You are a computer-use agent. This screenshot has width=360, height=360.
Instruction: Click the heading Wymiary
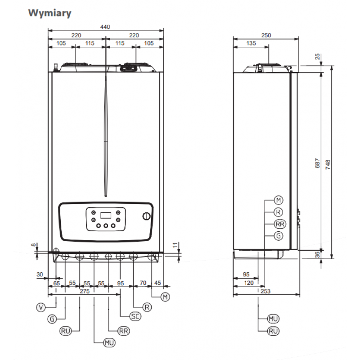tap(50, 13)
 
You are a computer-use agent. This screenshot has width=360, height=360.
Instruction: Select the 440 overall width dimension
tap(105, 27)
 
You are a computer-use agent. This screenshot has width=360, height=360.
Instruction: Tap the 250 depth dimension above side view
tap(266, 36)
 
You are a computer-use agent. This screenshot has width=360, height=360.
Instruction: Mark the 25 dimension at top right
tap(318, 57)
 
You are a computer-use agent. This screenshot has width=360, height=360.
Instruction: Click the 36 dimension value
tap(318, 254)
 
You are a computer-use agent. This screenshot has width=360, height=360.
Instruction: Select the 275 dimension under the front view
tap(84, 292)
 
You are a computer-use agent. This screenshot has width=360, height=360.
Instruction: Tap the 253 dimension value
tap(265, 292)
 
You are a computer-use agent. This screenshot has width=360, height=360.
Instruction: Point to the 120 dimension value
tap(249, 283)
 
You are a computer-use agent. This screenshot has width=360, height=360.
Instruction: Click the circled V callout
tap(41, 307)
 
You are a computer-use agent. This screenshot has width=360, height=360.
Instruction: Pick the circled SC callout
tap(135, 316)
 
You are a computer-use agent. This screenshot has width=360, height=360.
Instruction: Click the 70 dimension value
tap(143, 283)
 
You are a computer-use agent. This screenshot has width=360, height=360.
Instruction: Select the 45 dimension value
tap(157, 283)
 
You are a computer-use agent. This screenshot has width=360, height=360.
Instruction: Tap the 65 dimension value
tap(56, 283)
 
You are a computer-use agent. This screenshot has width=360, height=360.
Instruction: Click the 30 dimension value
tap(40, 274)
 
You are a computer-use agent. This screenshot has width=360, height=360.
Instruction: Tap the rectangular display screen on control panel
tap(105, 215)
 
